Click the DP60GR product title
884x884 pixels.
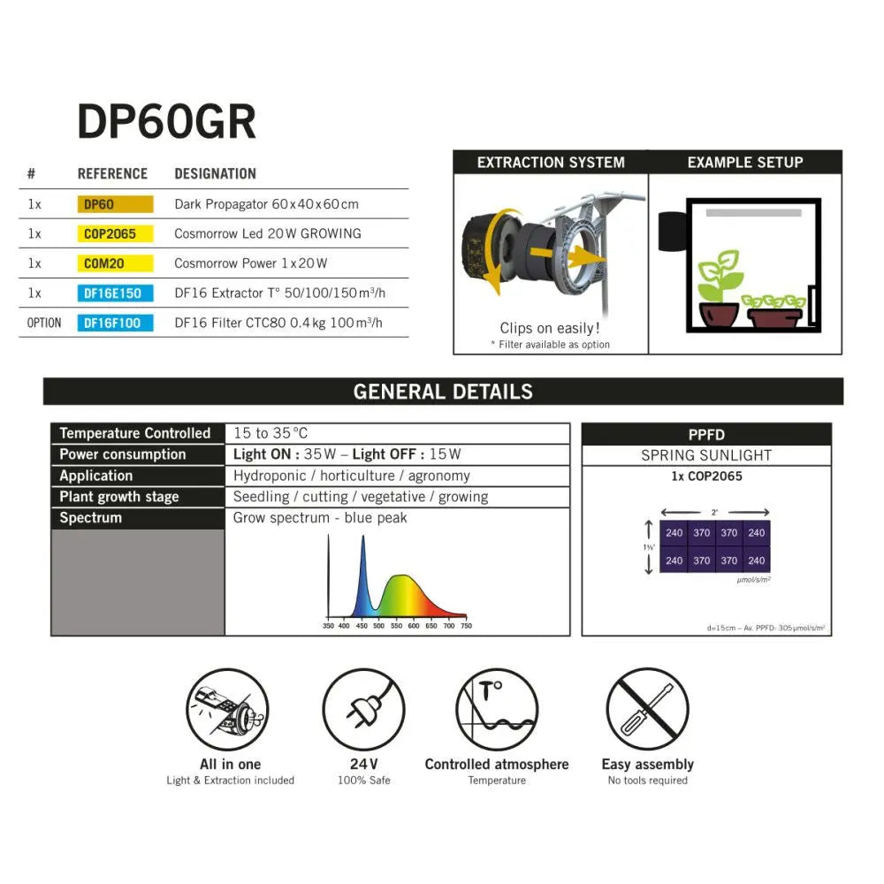coord(166,122)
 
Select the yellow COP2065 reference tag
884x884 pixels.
coord(115,234)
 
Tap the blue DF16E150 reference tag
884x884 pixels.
coord(115,293)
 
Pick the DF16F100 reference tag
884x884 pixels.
coord(115,323)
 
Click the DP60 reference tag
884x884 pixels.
coord(115,204)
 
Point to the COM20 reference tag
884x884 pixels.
coord(115,263)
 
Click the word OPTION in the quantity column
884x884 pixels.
coord(44,323)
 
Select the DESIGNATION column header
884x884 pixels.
coord(215,174)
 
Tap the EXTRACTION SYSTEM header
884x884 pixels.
coord(551,163)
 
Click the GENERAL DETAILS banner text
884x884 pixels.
coord(443,392)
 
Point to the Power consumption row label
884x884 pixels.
coord(123,454)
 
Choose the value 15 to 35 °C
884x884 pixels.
coord(271,433)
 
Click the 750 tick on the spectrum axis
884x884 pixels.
coord(466,626)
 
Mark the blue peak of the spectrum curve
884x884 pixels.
coord(362,541)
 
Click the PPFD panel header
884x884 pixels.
coord(706,435)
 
